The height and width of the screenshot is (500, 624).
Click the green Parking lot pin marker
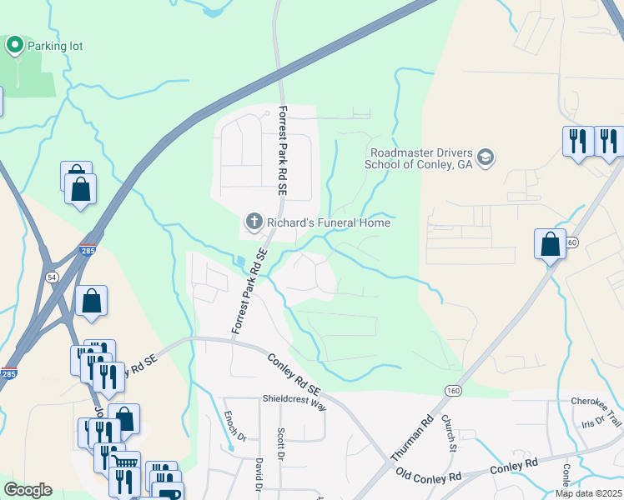[x=15, y=44]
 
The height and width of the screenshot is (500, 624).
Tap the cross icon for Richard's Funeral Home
[x=254, y=222]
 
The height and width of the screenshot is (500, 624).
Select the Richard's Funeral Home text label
[x=328, y=222]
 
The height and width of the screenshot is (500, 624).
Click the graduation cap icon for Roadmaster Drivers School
[x=485, y=157]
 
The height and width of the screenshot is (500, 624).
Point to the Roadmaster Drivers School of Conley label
[x=418, y=158]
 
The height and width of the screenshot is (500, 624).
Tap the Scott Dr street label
[x=280, y=444]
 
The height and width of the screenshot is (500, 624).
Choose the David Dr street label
[x=259, y=472]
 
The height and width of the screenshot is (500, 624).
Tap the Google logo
[x=28, y=490]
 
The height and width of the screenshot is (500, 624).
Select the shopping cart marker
[x=126, y=461]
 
